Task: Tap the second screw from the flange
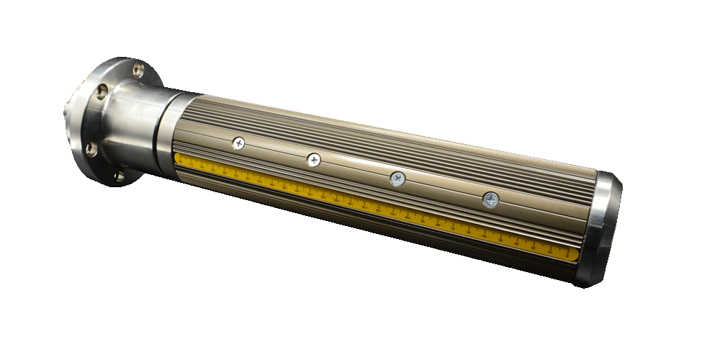tap(313, 160)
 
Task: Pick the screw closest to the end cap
tap(490, 199)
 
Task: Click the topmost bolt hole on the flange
tap(139, 70)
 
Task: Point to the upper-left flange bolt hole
tap(102, 91)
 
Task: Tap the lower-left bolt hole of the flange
tap(91, 149)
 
